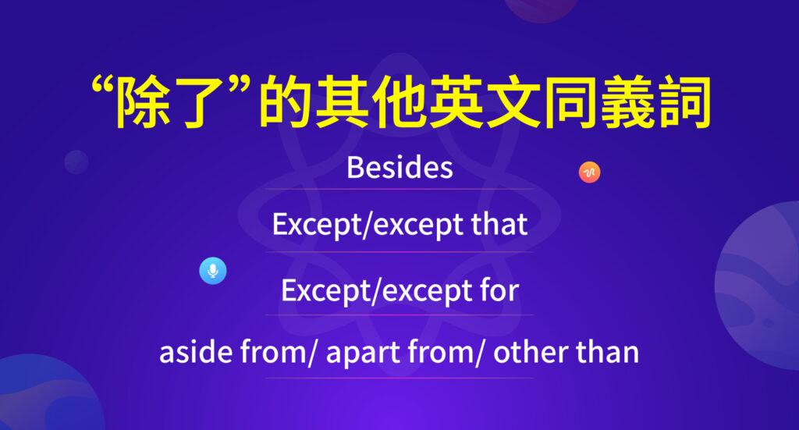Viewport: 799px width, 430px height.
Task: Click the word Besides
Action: coord(399,168)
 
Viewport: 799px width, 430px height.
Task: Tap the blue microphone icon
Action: coord(212,271)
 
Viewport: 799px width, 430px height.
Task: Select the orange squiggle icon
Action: coord(589,172)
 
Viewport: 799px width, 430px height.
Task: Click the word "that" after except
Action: coord(499,226)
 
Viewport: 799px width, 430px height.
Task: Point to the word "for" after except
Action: coord(499,291)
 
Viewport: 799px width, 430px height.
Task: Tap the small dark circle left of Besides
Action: coord(76,162)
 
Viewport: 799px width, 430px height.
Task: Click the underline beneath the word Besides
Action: coord(399,189)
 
